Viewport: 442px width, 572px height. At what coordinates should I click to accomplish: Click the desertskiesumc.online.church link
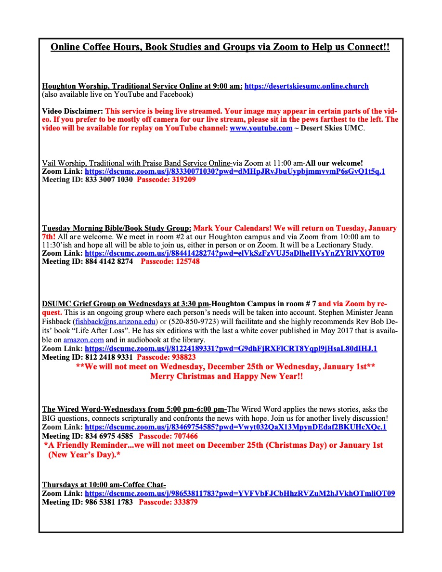click(306, 86)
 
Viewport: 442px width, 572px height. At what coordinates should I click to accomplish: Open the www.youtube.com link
click(260, 128)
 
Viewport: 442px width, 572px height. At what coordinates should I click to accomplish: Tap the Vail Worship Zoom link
click(235, 171)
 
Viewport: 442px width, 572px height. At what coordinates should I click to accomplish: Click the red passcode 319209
click(166, 180)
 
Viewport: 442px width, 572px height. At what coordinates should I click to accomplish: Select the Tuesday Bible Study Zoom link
click(234, 253)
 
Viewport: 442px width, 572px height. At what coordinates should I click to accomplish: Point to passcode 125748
click(170, 261)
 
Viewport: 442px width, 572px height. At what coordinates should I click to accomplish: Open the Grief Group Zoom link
click(231, 349)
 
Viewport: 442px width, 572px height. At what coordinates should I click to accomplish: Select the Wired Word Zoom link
click(235, 427)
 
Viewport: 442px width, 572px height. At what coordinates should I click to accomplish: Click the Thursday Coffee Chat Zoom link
click(240, 494)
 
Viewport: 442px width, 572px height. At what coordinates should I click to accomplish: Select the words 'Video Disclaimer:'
click(72, 111)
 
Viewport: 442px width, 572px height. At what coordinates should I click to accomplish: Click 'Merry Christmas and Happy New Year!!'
click(226, 376)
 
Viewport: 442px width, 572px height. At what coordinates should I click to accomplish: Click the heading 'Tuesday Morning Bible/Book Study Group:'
click(117, 228)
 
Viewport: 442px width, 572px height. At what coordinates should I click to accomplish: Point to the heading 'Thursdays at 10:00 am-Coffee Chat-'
click(104, 485)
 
